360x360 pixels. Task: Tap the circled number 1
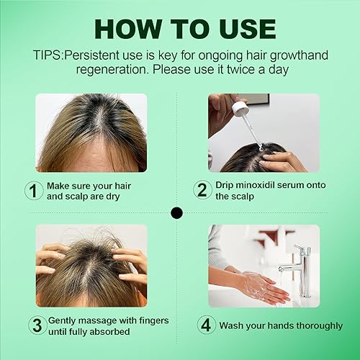click(x=33, y=191)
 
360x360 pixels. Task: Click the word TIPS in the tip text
click(x=49, y=55)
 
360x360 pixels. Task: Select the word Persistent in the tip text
click(x=94, y=55)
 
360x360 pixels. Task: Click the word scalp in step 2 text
click(x=246, y=197)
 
